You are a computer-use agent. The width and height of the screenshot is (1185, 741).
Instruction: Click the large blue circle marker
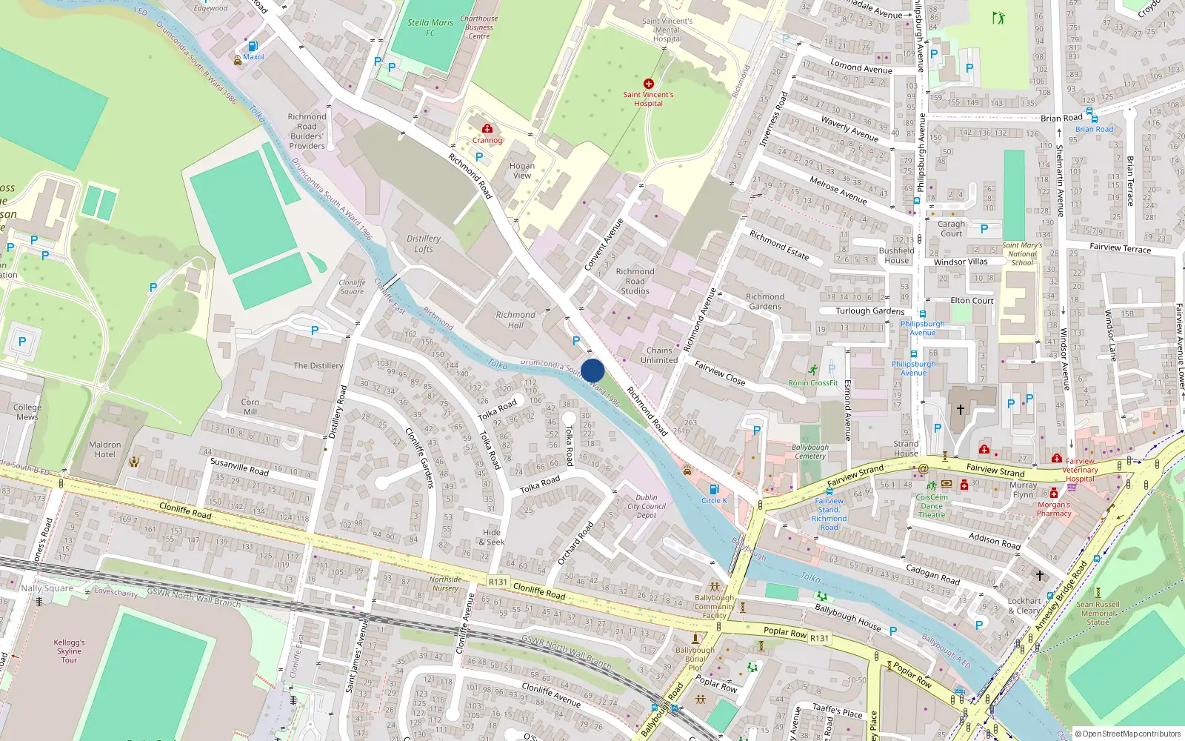click(x=592, y=370)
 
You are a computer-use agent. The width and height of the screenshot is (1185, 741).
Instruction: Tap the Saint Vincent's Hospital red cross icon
click(x=649, y=84)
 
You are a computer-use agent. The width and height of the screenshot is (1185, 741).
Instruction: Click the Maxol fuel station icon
click(x=253, y=46)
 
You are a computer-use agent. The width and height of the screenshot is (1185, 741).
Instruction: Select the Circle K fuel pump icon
click(x=714, y=489)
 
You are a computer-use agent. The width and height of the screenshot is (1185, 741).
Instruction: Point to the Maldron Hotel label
click(x=104, y=450)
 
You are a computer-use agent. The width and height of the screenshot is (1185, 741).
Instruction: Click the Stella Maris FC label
click(x=430, y=27)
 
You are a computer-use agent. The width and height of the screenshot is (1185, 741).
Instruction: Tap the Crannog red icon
click(x=487, y=129)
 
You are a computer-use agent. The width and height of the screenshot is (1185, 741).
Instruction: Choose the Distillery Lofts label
click(x=424, y=244)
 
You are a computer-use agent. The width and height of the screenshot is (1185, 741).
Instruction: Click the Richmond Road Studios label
click(x=635, y=282)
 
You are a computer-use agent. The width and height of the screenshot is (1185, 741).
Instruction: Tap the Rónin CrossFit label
click(x=813, y=383)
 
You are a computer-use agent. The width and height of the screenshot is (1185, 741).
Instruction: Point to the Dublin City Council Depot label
click(x=647, y=506)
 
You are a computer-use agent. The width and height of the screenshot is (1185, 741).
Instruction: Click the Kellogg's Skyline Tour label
click(x=69, y=651)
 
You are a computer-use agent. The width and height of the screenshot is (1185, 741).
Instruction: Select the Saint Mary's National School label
click(x=1022, y=254)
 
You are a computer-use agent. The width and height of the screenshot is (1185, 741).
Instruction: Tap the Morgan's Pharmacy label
click(x=1054, y=509)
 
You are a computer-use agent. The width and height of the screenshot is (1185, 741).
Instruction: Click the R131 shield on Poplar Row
click(x=819, y=638)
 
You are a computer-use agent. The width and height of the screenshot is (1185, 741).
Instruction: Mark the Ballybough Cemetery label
click(x=810, y=451)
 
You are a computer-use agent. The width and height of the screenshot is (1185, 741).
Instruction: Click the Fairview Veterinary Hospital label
click(x=1080, y=470)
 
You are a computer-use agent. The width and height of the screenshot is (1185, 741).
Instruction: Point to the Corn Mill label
click(x=250, y=407)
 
